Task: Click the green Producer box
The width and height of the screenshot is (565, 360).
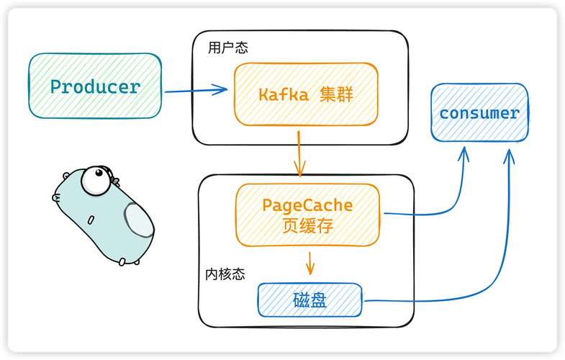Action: click(94, 86)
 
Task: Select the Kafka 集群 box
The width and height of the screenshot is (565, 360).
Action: click(306, 94)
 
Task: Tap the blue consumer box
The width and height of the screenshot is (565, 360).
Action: click(479, 112)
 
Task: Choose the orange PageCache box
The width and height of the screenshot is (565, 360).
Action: click(307, 215)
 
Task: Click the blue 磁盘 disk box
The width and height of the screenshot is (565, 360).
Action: click(310, 300)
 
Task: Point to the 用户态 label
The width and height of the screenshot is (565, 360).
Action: click(227, 48)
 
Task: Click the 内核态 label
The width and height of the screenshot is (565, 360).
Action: click(225, 274)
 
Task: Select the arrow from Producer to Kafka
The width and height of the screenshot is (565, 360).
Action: click(196, 91)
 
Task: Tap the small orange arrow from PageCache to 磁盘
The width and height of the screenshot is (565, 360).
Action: click(310, 263)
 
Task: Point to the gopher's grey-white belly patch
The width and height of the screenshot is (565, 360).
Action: click(138, 219)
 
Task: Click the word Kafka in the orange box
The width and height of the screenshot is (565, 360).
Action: click(283, 94)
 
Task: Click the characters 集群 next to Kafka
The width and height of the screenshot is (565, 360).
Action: click(336, 94)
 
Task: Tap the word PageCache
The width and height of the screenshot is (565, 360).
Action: click(307, 205)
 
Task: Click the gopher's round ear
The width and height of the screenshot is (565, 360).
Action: click(67, 176)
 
